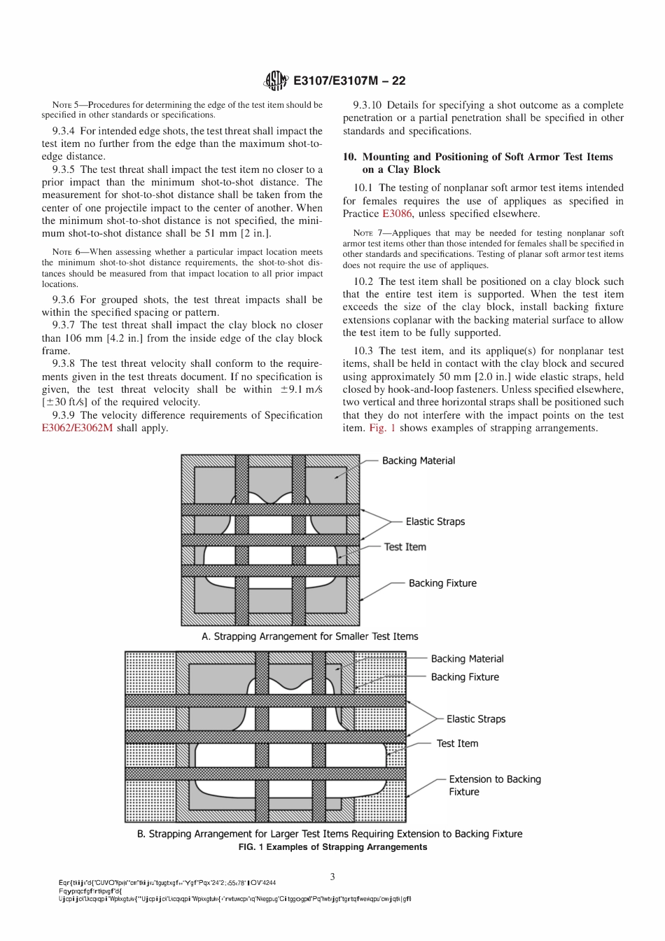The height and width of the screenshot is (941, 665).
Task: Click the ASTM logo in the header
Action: (x=275, y=81)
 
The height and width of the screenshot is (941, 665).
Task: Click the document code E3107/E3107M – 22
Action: (x=349, y=81)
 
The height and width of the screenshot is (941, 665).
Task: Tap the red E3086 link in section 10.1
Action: (x=397, y=214)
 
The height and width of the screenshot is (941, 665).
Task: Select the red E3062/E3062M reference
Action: (x=77, y=428)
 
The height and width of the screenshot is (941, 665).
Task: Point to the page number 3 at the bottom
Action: (x=332, y=877)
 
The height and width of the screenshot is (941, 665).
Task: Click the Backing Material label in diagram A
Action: (x=418, y=461)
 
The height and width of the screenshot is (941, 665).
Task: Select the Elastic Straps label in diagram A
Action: (x=435, y=522)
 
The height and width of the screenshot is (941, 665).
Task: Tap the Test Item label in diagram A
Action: (x=405, y=547)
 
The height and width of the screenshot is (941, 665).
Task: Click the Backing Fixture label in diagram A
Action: (x=442, y=583)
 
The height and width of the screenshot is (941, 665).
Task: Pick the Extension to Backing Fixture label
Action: (x=494, y=786)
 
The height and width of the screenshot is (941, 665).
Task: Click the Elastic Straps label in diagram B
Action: (x=475, y=719)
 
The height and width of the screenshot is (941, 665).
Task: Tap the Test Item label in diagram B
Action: (x=457, y=744)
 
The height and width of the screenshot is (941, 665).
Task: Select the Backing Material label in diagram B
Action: (x=467, y=659)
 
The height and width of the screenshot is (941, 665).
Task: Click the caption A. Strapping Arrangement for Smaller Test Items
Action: (x=309, y=636)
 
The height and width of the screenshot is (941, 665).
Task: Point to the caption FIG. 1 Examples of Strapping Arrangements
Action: (x=332, y=847)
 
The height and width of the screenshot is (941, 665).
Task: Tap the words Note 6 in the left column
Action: (x=69, y=252)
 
